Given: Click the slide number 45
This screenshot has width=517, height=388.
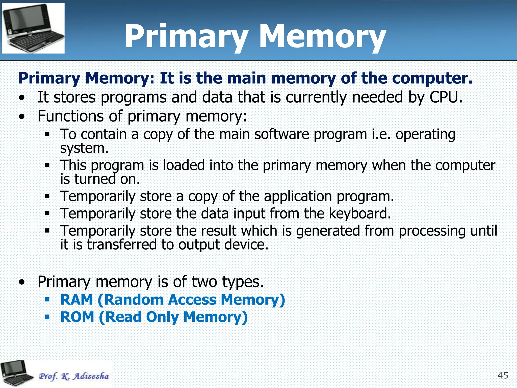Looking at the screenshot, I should (503, 375).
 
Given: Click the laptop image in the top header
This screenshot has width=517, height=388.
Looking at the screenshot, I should (33, 28).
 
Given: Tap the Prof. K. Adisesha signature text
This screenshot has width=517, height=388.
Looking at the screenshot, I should (74, 376).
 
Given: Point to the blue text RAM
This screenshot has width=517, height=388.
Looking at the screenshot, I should (77, 300).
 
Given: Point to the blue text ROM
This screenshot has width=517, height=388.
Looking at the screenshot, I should (77, 317).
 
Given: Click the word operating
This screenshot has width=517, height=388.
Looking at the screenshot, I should (425, 134).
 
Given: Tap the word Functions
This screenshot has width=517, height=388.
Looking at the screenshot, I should (70, 116).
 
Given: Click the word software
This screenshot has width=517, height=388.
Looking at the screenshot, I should (281, 134).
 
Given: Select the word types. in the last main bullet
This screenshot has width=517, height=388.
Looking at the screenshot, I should (243, 282).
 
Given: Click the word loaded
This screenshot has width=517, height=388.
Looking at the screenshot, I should (184, 165).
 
